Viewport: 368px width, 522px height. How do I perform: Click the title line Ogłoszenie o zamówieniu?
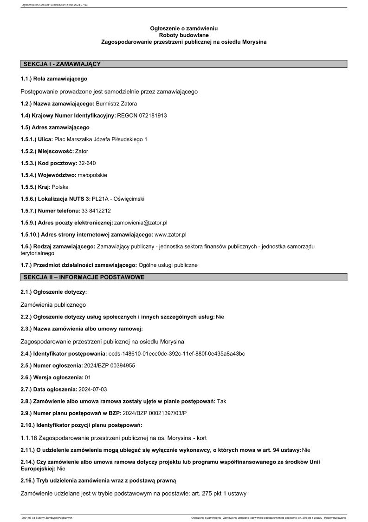(x=184, y=29)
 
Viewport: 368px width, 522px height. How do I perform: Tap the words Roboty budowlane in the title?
(x=184, y=35)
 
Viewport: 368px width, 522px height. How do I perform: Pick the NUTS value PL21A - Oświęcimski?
(x=118, y=199)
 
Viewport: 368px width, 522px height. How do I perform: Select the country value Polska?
(x=60, y=187)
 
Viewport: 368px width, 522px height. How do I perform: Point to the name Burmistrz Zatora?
(x=119, y=103)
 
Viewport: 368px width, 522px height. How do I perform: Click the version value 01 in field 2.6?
(x=88, y=377)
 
